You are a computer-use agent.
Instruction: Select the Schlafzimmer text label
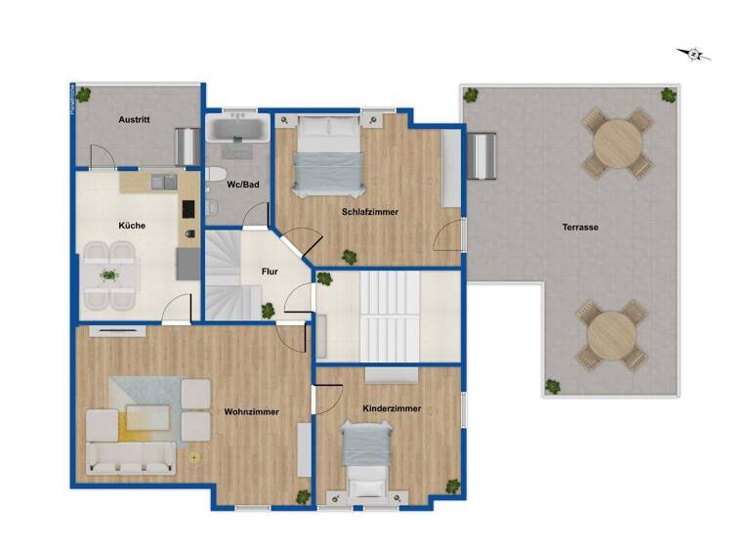click(x=369, y=211)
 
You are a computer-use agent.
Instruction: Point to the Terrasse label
click(x=580, y=227)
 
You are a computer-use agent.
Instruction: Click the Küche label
click(x=132, y=226)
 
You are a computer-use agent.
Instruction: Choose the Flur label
click(x=271, y=272)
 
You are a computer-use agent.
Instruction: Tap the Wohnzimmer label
click(x=251, y=411)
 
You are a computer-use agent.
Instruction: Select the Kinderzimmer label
click(x=391, y=408)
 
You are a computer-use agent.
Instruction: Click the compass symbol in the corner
click(x=694, y=55)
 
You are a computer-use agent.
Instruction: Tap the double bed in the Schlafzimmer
click(x=328, y=154)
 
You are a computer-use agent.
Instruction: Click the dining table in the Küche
click(x=109, y=275)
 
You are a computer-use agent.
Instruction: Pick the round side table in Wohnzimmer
click(x=193, y=457)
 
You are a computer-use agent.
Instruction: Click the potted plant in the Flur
click(x=267, y=311)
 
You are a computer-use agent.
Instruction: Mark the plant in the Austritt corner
click(x=84, y=94)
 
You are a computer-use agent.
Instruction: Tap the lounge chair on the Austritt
click(x=186, y=147)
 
